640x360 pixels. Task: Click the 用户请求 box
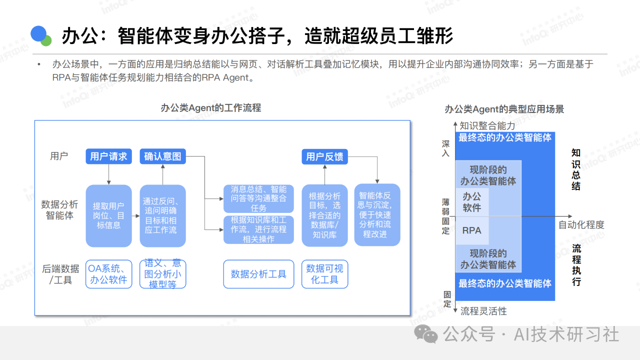108,156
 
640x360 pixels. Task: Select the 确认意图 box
162,156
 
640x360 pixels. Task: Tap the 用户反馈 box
324,156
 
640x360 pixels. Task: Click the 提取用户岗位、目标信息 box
108,215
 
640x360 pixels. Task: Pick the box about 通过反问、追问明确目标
162,215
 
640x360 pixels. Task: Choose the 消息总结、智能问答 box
258,198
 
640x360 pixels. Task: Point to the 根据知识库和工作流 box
258,229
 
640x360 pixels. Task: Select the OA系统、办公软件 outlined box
108,274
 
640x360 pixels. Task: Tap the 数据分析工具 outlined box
258,274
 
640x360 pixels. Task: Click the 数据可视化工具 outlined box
324,274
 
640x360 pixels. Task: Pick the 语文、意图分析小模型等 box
162,274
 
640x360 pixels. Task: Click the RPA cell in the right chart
471,230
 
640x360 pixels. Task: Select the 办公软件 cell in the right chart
471,202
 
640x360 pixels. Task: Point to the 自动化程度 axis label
581,225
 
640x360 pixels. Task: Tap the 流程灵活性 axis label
483,311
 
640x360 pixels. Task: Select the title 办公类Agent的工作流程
210,108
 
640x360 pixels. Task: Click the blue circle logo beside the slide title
39,34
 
